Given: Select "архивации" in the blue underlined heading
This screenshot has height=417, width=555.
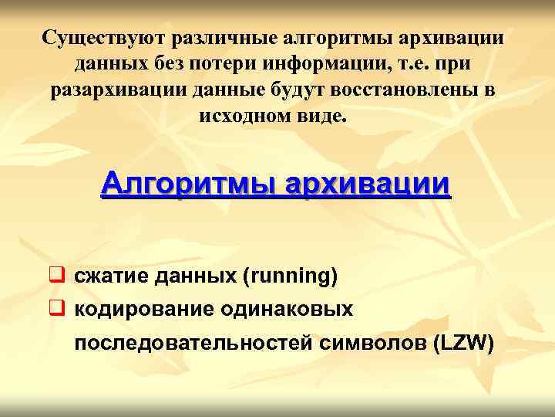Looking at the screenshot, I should (x=366, y=185).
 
